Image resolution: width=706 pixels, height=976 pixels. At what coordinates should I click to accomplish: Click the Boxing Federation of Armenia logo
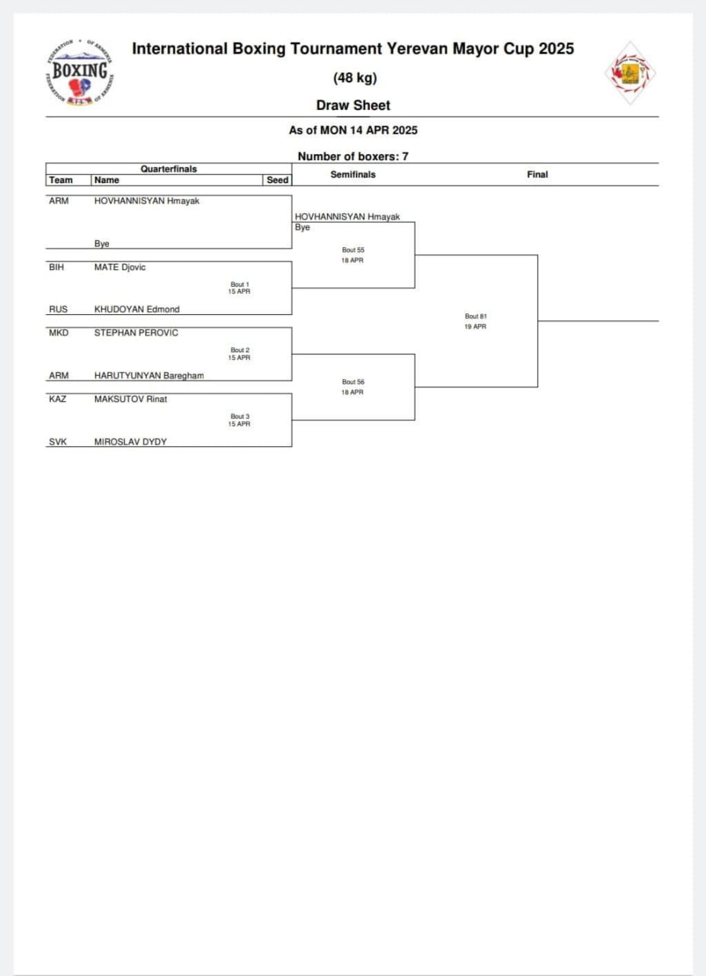tap(81, 73)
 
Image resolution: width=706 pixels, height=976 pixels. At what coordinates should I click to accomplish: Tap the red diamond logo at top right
tap(630, 74)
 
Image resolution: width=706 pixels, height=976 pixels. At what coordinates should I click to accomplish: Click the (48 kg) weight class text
tap(355, 78)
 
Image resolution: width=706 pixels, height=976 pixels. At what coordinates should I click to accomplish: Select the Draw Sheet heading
tap(353, 105)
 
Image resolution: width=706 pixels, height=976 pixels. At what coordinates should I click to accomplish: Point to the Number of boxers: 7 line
tap(353, 156)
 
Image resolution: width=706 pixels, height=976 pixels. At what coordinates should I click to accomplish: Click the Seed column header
tap(278, 180)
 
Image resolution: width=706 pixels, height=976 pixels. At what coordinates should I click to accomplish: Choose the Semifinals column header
tap(353, 175)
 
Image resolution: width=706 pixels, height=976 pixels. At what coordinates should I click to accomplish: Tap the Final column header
tap(538, 175)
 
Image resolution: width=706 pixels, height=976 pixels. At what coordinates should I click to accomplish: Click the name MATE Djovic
tap(120, 268)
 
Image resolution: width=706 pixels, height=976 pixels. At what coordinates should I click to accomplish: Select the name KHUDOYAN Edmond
tap(137, 310)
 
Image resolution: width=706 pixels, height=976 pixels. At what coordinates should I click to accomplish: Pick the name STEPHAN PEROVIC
tap(136, 333)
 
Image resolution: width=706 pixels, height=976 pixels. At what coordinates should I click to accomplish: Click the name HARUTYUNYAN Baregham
tap(149, 375)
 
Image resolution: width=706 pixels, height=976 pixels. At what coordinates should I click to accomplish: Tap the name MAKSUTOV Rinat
tap(130, 399)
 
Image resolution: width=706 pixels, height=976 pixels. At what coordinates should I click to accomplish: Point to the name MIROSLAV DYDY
tap(130, 441)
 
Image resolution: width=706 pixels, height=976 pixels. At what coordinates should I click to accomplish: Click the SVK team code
tap(58, 441)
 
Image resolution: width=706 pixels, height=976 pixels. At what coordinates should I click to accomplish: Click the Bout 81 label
tap(476, 316)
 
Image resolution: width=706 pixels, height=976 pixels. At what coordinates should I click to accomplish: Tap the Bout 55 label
tap(353, 250)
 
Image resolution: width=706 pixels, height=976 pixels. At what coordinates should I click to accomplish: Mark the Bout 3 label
tap(240, 416)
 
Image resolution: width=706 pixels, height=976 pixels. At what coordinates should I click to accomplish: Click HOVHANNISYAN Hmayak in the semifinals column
tap(347, 217)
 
